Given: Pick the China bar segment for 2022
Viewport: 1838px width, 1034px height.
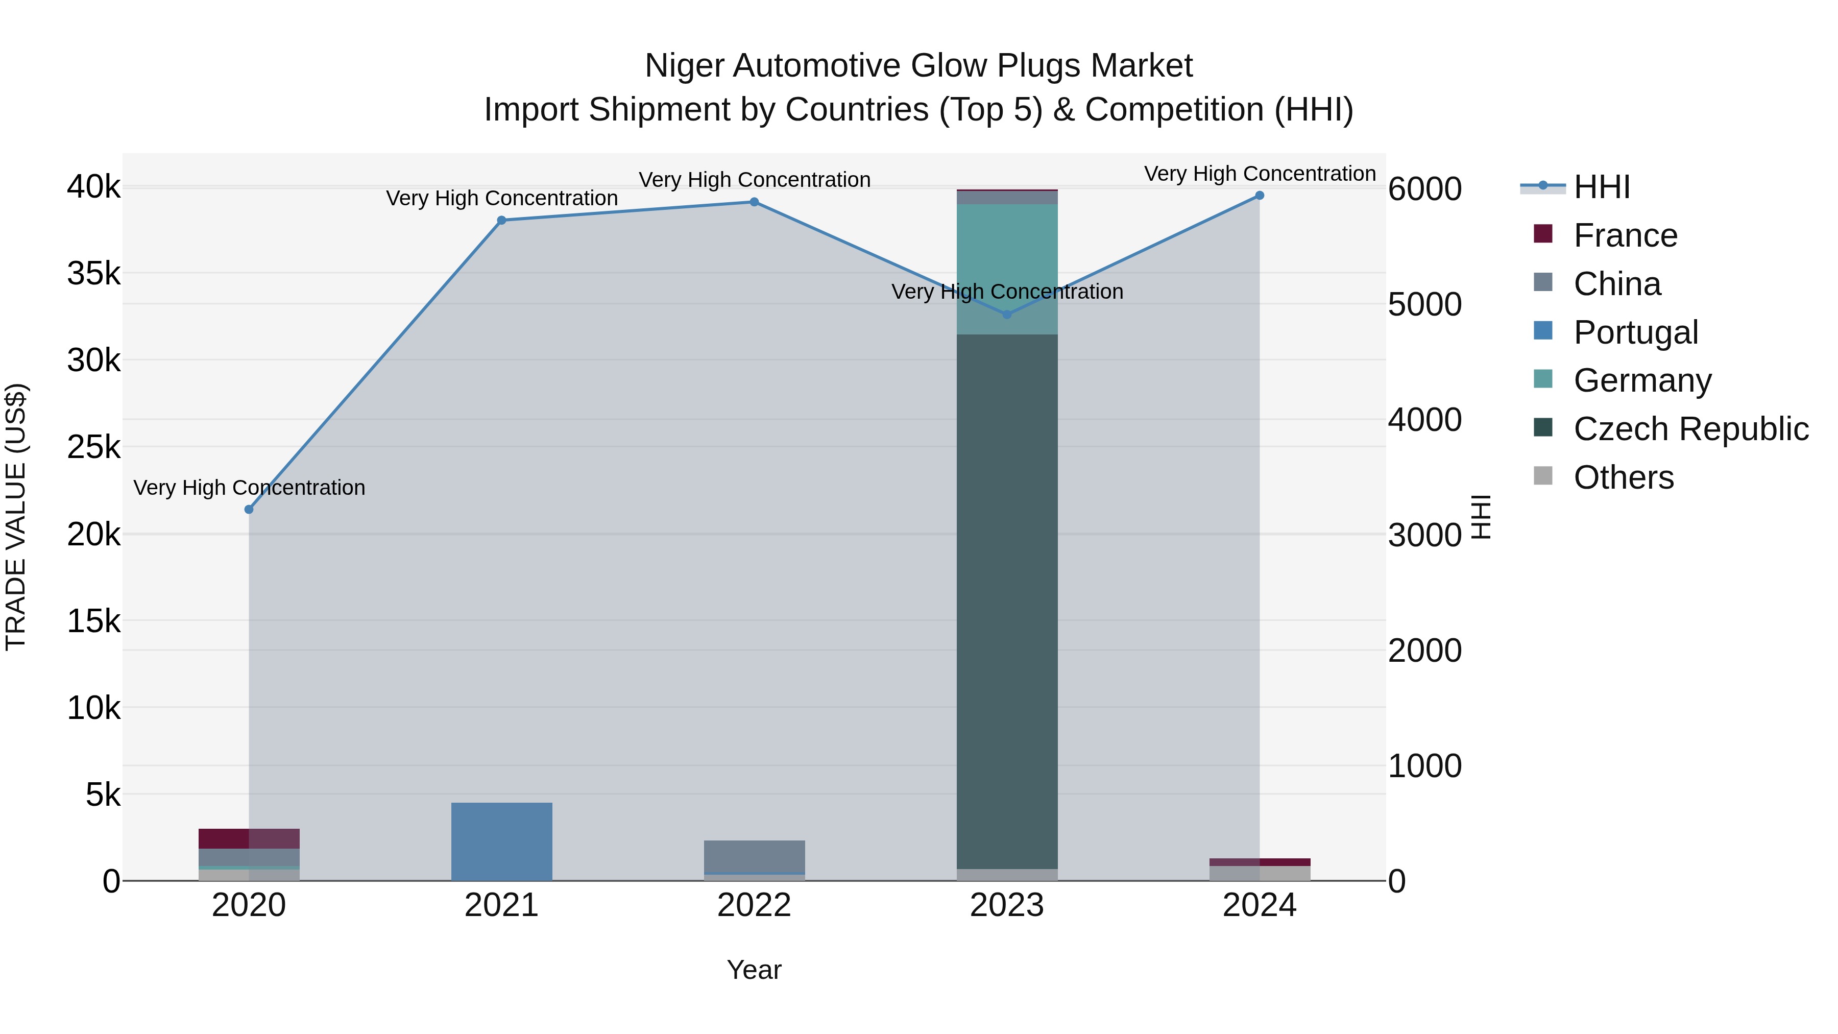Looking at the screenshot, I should [x=754, y=856].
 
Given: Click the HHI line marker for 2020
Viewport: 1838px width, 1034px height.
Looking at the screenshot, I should [x=249, y=510].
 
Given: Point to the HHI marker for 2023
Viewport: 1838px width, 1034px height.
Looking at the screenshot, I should [x=1007, y=315].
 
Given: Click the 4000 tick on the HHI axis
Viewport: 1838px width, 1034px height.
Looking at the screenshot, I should [x=1424, y=420].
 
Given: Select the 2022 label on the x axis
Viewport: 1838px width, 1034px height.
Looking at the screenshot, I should [x=754, y=905].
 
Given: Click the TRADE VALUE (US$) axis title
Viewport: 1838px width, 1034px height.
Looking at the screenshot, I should [x=16, y=517].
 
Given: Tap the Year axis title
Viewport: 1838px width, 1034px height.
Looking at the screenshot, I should [x=754, y=970].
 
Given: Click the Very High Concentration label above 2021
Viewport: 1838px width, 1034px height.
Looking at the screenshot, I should [x=501, y=199].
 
